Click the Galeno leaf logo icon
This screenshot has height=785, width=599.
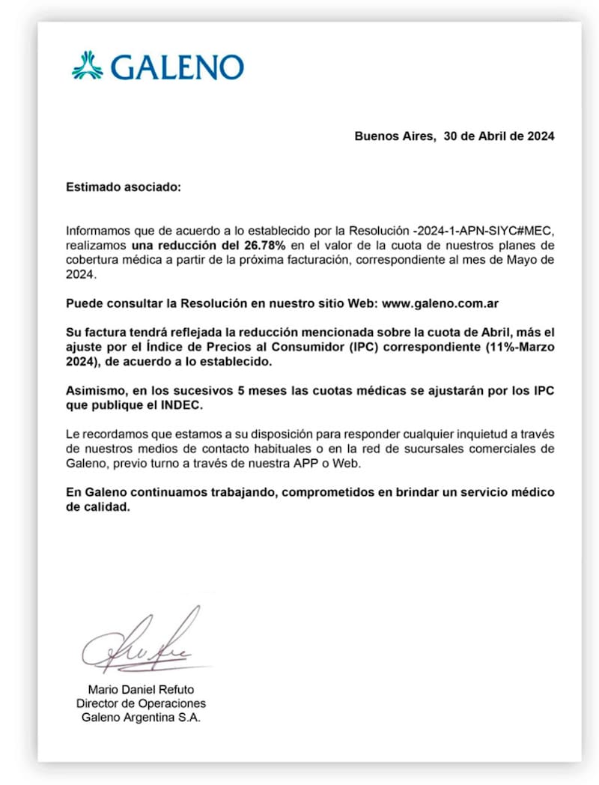pos(87,65)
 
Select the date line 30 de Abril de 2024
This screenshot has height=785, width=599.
pos(499,136)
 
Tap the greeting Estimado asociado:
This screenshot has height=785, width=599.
pos(124,187)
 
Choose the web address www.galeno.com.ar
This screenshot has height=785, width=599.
pos(440,303)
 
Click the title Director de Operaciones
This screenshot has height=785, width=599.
pos(141,703)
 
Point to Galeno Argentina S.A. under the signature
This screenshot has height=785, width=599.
pos(141,718)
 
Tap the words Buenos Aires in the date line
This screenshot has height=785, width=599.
pos(394,136)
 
